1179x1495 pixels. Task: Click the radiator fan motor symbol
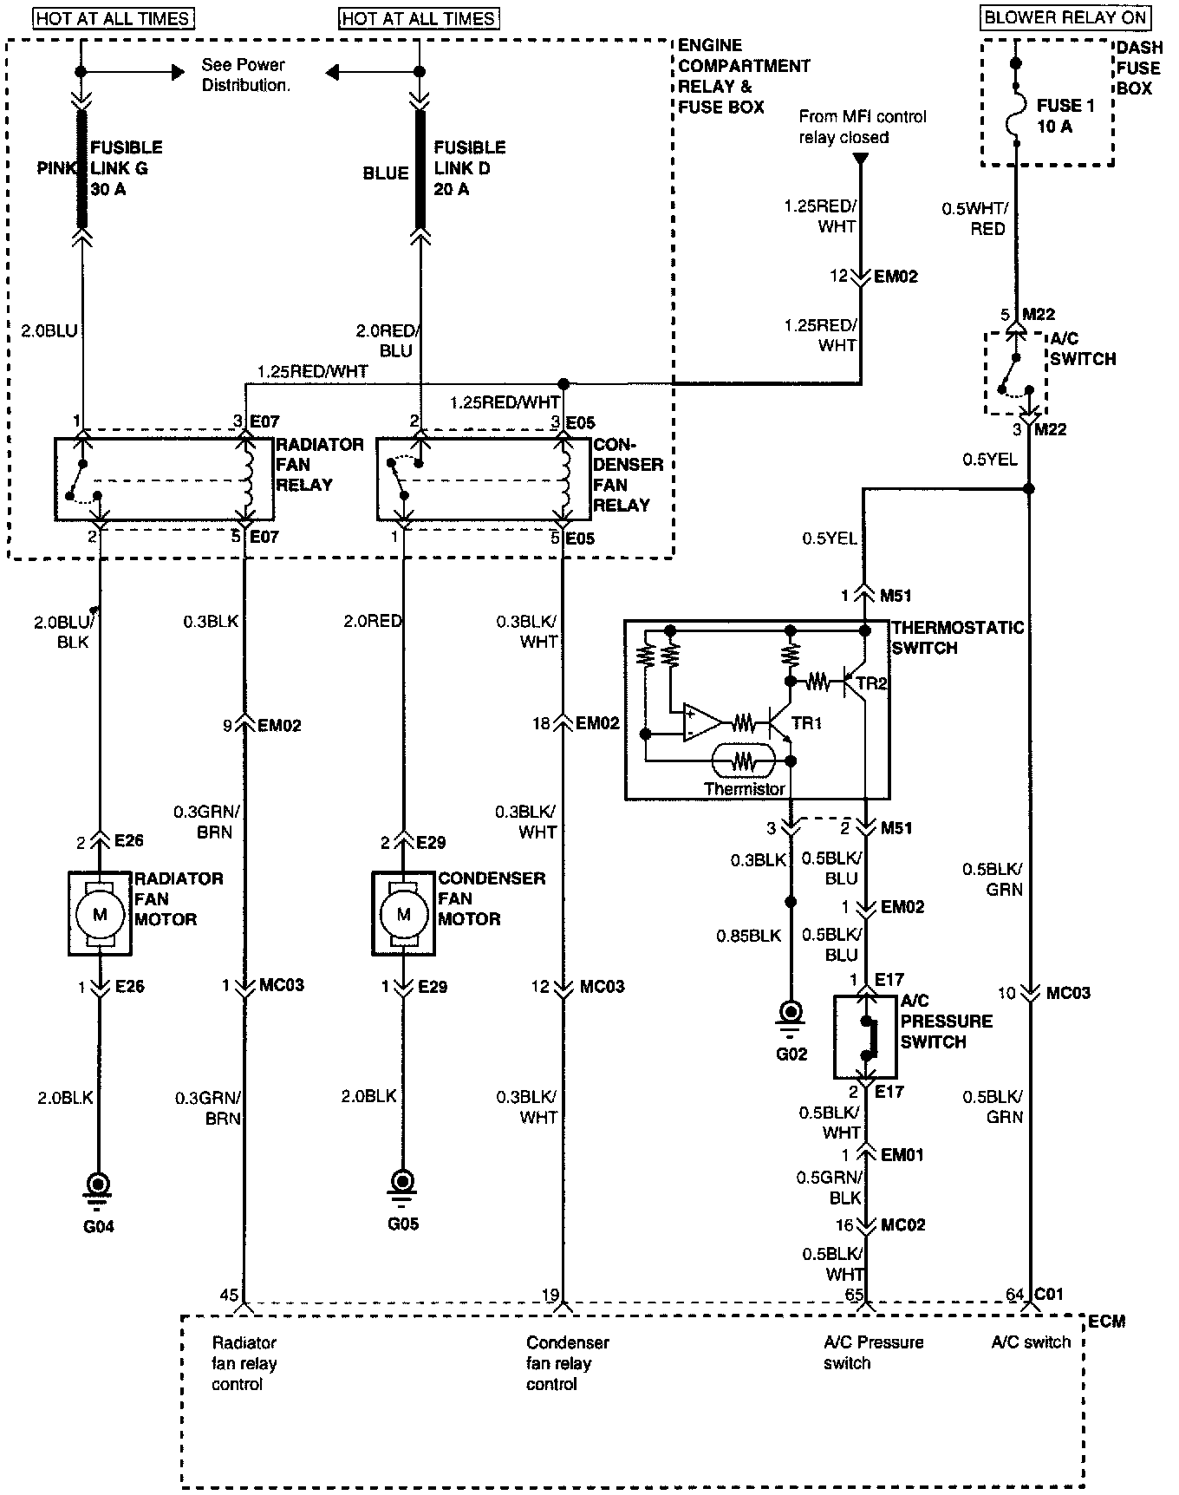coord(100,913)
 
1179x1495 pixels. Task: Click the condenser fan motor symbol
coord(403,913)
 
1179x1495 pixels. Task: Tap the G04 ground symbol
coord(99,1185)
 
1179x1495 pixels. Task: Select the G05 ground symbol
coord(402,1183)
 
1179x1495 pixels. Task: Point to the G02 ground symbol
coord(791,1014)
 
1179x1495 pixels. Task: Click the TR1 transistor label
coord(806,723)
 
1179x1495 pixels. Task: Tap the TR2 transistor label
coord(871,683)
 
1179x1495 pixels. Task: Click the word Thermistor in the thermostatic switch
coord(744,789)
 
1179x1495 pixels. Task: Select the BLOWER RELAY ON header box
coord(1066,17)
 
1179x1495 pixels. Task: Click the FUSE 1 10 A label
coord(1059,116)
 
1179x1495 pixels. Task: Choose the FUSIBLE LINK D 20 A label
coord(469,168)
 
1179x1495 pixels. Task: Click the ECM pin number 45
coord(229,1295)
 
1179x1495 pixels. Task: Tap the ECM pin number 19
coord(550,1295)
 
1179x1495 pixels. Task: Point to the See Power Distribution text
coord(245,75)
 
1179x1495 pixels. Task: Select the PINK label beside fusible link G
coord(57,168)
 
